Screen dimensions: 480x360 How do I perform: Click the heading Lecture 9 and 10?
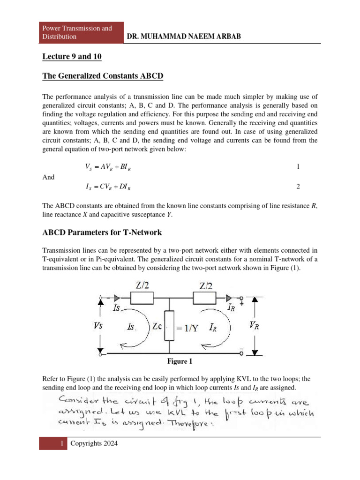72,57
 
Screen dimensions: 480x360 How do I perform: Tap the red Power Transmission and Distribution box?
81,32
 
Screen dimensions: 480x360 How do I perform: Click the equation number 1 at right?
298,167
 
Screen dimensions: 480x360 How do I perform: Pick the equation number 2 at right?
298,187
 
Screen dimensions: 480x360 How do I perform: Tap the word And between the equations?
48,177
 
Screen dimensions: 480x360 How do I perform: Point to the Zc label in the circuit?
157,327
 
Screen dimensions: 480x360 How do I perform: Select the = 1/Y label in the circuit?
188,328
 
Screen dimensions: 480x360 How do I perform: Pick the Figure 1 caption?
180,361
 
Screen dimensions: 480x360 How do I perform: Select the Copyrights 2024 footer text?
94,443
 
